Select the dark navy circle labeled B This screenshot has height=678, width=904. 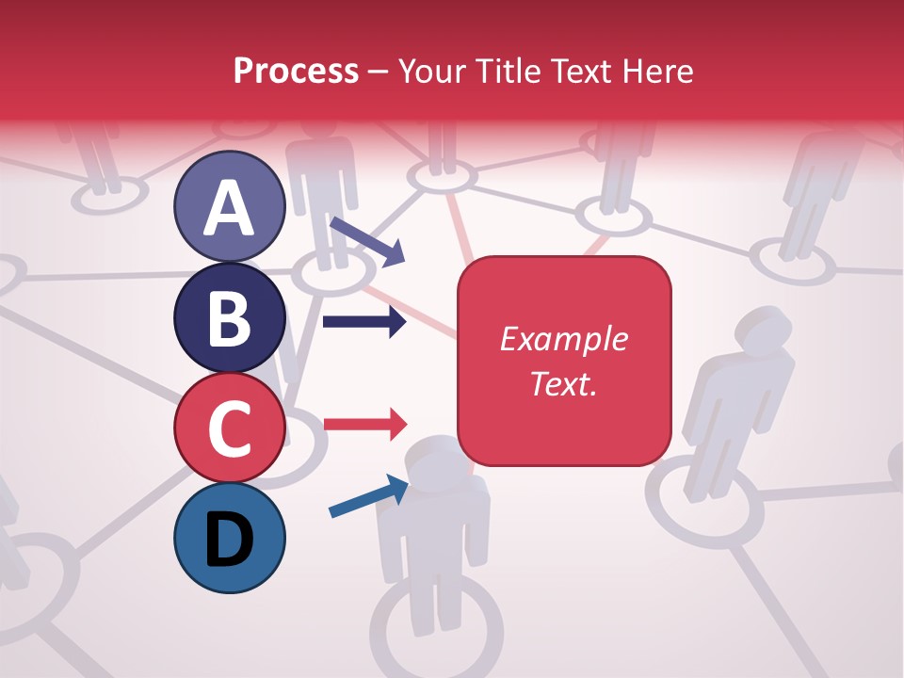229,317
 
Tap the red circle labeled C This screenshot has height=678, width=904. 229,428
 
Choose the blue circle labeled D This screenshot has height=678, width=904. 229,538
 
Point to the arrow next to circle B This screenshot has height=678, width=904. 364,322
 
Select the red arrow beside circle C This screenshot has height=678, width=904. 364,424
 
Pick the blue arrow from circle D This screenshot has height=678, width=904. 368,497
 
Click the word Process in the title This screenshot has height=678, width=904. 296,71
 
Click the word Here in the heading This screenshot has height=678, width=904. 658,71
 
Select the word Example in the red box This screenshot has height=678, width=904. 563,339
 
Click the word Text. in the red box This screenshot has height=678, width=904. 563,383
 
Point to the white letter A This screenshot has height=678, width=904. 229,208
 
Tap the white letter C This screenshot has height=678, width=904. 229,428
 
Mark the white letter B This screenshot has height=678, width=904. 229,318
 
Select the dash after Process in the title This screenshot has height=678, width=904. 379,72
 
